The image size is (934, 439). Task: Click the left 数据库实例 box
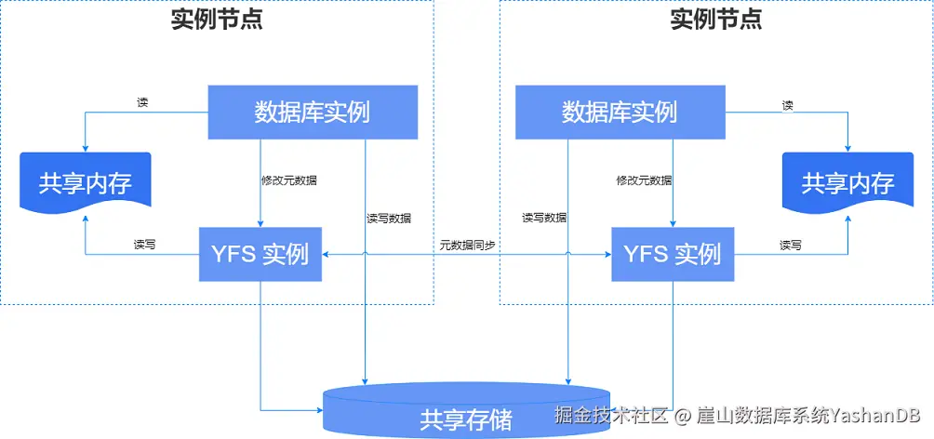(x=312, y=113)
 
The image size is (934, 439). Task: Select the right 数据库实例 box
(x=619, y=113)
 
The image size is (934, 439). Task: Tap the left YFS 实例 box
(x=260, y=252)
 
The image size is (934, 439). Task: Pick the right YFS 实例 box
(x=672, y=252)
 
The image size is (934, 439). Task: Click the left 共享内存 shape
(x=85, y=182)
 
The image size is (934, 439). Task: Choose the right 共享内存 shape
(x=847, y=182)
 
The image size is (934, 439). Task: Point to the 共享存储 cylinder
(x=465, y=413)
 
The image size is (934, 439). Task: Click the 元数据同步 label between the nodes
(x=467, y=245)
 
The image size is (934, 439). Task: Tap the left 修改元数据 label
(x=295, y=180)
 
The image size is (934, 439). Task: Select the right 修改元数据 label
(x=644, y=180)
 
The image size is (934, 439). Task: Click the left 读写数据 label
(x=389, y=218)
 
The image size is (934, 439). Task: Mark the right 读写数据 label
(x=544, y=218)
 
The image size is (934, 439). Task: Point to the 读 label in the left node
(x=142, y=103)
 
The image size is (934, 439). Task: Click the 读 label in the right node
(x=788, y=105)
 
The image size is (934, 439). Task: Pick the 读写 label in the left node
(x=144, y=245)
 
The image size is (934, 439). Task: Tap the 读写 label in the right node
(x=791, y=245)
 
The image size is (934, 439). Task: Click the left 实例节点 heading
(x=217, y=20)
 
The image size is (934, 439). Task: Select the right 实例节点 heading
(x=716, y=20)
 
